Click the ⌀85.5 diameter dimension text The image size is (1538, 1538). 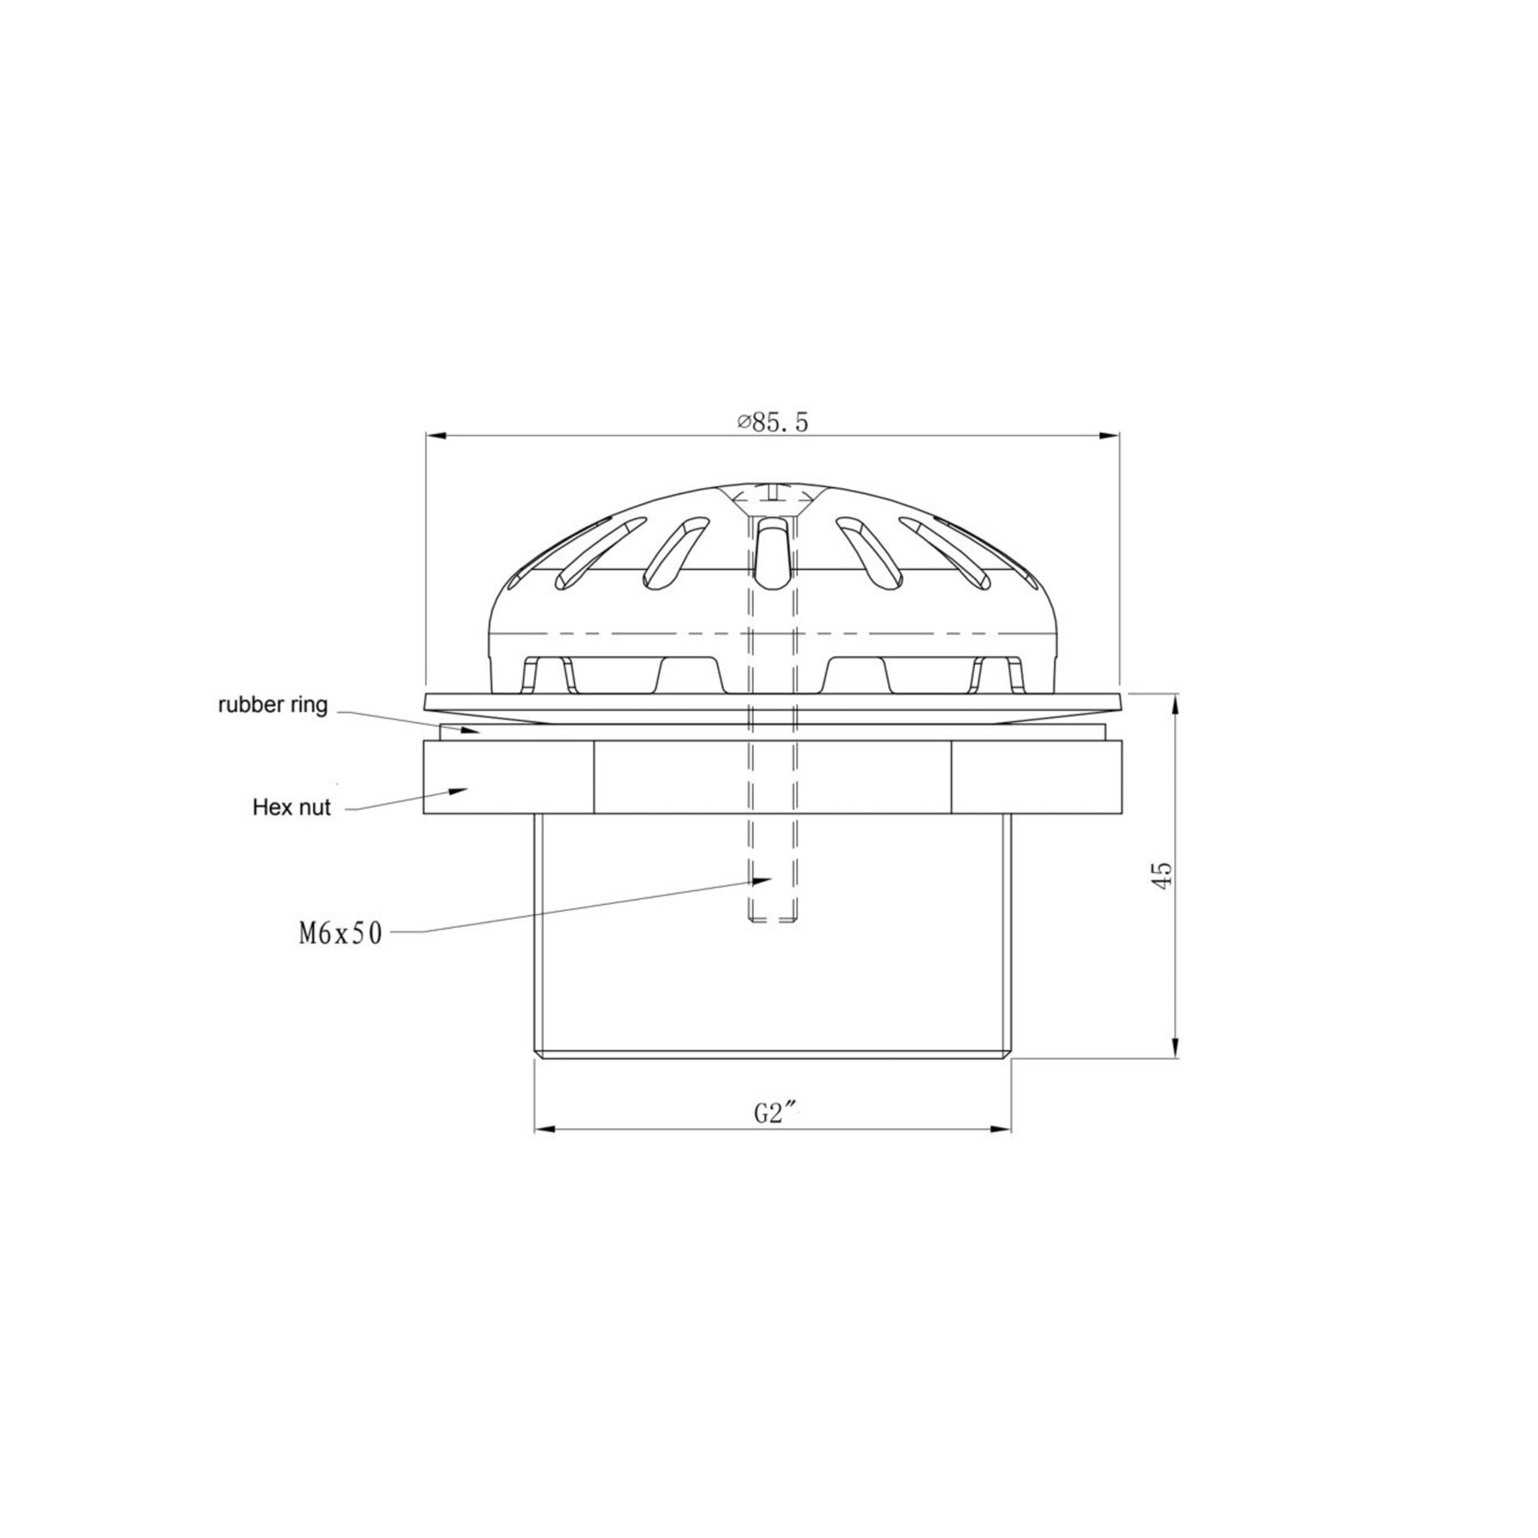coord(772,423)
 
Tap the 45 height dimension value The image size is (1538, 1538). coord(1162,875)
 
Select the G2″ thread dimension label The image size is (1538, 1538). coord(774,1113)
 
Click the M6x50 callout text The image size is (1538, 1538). coord(340,934)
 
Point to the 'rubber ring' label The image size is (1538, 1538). coord(273,706)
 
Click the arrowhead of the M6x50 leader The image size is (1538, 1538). coord(762,878)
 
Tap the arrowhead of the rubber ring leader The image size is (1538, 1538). coord(469,731)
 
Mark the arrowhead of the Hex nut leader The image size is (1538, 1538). coord(458,790)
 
